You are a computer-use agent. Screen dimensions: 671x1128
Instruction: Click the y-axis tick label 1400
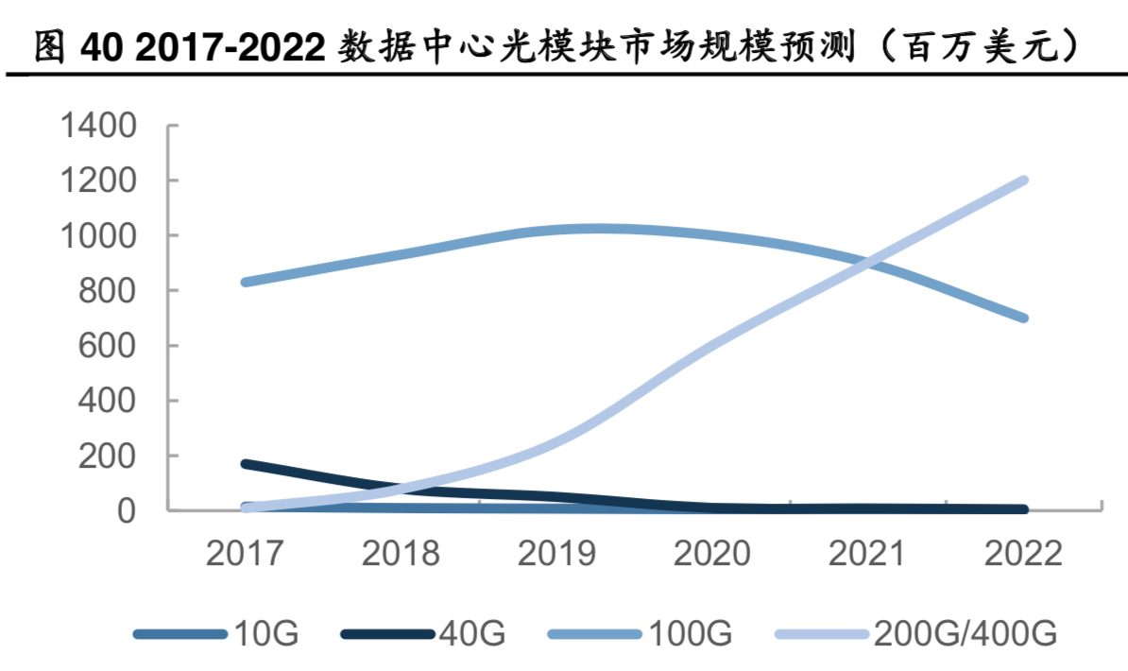pos(98,126)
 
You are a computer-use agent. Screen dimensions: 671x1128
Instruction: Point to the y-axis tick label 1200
pos(98,181)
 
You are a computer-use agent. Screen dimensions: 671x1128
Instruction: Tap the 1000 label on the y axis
pos(98,235)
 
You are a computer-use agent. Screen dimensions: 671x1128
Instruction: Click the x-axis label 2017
pos(246,554)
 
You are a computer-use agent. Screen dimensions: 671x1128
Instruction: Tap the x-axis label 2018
pos(401,554)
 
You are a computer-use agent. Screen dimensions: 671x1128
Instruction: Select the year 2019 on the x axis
pos(556,554)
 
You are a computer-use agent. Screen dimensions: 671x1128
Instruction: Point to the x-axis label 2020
pos(712,554)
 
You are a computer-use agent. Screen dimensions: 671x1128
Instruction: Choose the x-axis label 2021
pos(868,554)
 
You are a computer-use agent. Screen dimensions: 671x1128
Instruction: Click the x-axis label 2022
pos(1023,554)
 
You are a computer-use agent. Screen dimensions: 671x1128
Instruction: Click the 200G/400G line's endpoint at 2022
pos(1023,181)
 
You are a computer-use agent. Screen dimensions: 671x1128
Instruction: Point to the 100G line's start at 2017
pos(246,282)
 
